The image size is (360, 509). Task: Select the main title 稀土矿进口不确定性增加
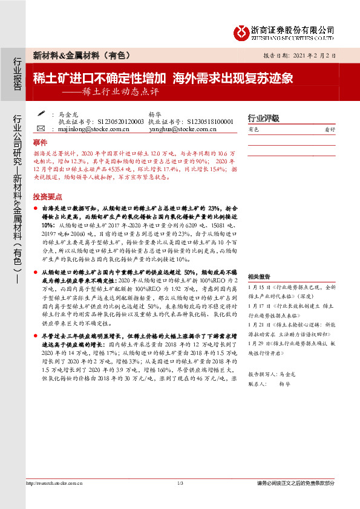(99, 78)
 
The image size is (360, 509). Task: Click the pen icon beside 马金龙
(41, 113)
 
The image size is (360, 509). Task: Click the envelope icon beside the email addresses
(41, 129)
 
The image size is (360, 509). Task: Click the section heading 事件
(40, 143)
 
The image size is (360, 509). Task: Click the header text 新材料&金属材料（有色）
(81, 55)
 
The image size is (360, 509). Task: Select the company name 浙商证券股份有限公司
(293, 30)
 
